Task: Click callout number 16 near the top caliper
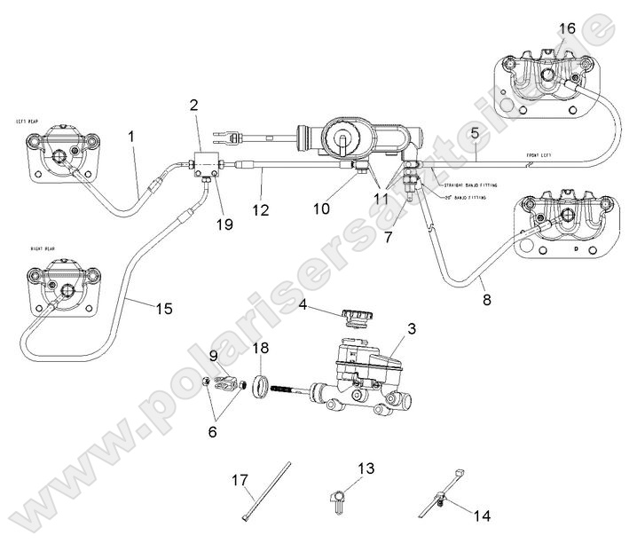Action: (566, 30)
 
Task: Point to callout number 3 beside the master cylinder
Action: (411, 329)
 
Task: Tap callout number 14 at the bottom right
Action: (481, 514)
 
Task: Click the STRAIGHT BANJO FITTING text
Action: (468, 185)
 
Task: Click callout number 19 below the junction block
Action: (224, 224)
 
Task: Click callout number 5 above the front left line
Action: (475, 134)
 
